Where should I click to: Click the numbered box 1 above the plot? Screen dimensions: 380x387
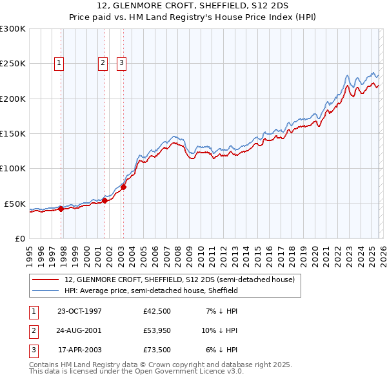59,62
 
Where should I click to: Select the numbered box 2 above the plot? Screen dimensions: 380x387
102,62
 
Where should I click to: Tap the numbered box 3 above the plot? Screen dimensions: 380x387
121,62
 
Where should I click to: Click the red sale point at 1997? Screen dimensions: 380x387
61,209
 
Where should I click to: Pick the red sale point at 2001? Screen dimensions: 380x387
104,200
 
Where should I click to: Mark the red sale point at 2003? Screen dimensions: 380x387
123,187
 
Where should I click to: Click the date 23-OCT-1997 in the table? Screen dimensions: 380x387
79,311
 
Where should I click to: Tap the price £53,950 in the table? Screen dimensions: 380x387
157,330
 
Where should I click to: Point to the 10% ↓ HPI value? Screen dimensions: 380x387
220,330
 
